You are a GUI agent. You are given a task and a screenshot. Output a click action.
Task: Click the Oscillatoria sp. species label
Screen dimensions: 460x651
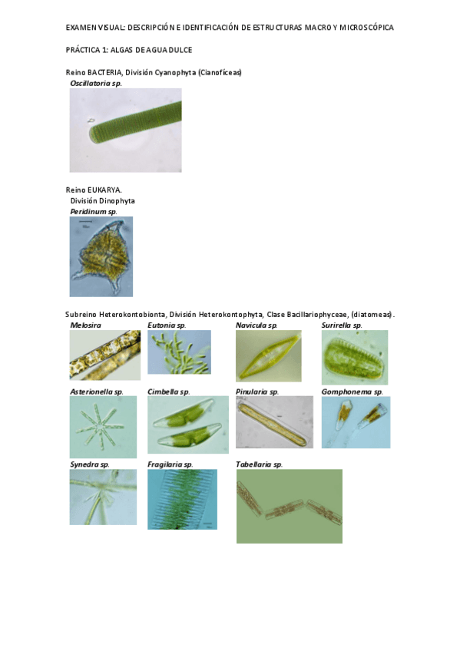[x=96, y=83]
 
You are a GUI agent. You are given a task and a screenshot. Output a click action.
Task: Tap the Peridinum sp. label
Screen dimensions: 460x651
[x=94, y=211]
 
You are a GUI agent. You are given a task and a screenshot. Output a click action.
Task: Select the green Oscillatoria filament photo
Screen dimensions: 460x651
[x=125, y=130]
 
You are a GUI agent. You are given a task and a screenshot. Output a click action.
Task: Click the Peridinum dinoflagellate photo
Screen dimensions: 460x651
[x=101, y=256]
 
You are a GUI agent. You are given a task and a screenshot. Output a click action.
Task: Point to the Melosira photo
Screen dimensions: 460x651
[x=105, y=355]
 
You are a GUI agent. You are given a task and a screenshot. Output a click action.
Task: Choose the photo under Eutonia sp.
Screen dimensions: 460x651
[x=180, y=352]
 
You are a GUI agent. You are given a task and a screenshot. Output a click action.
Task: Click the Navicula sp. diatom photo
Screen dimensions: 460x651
[x=269, y=355]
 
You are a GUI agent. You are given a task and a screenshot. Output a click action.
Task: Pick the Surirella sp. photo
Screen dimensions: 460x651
[x=355, y=357]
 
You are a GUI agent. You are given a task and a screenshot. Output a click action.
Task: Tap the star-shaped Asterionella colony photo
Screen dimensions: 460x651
[x=103, y=427]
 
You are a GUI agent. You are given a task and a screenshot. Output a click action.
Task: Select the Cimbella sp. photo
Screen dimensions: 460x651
[x=188, y=425]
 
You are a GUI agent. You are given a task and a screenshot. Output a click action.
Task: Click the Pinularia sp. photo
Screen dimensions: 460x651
[x=274, y=421]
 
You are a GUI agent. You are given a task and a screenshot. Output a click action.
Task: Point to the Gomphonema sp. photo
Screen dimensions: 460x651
[x=356, y=421]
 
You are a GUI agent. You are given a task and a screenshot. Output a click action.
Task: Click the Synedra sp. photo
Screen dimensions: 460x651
[x=103, y=497]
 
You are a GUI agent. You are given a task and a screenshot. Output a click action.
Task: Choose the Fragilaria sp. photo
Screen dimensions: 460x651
[x=182, y=499]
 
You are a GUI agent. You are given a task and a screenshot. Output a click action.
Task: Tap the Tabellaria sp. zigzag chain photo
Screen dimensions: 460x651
[x=290, y=506]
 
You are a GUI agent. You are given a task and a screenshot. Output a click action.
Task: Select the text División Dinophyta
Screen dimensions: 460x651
[x=103, y=201]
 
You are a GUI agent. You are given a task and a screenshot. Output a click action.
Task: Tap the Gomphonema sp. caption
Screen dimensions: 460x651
[x=352, y=392]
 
